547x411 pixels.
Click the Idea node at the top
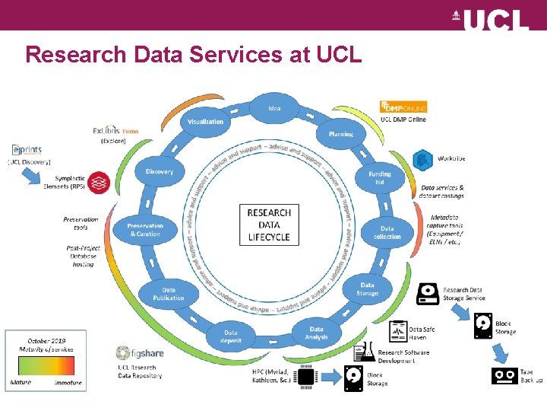(274, 108)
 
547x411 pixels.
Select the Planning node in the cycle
(340, 134)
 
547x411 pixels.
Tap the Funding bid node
(380, 177)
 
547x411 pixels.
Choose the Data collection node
(387, 232)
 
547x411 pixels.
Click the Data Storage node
(367, 288)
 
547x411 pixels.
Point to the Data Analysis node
(317, 333)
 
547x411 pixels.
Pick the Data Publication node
(169, 294)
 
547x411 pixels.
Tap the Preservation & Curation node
(144, 230)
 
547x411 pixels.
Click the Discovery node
(160, 171)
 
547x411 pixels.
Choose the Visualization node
(205, 122)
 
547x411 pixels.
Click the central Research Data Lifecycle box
(269, 225)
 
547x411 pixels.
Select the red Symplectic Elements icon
(98, 183)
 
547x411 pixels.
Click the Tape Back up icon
(504, 375)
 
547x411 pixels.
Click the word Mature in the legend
(21, 382)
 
